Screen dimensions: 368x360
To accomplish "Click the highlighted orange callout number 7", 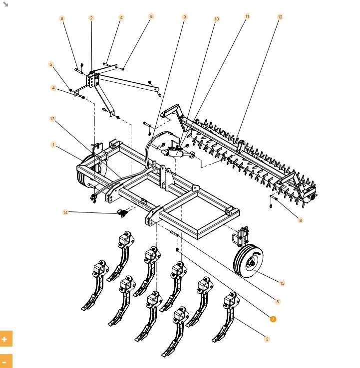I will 273,319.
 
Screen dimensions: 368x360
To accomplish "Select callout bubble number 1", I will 53,145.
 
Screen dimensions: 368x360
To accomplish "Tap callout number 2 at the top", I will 91,18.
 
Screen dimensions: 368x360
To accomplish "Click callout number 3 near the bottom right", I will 267,339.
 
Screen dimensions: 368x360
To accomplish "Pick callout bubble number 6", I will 62,18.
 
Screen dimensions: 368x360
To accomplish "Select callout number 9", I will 185,17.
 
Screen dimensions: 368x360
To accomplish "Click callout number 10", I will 217,19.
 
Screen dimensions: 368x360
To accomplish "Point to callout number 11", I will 247,16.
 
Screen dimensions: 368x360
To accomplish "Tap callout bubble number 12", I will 280,17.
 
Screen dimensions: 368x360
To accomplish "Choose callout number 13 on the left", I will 52,119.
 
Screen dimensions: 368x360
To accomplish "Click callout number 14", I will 65,212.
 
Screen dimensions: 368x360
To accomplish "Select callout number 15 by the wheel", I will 282,283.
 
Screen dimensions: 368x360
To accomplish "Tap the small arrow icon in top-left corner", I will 6,4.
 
